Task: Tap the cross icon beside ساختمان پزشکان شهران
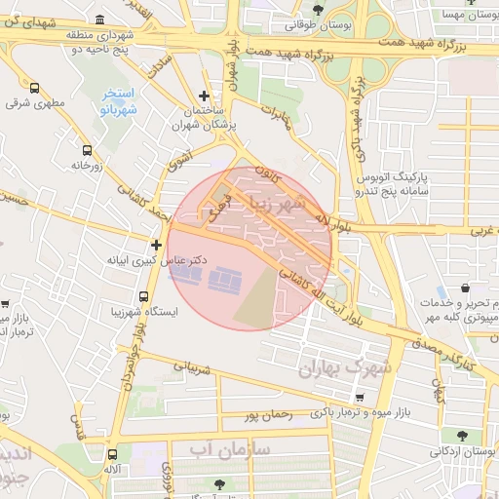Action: (x=203, y=96)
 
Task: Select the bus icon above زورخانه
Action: (x=88, y=151)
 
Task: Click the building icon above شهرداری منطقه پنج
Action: (x=102, y=19)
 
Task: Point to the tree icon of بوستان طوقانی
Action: (x=318, y=11)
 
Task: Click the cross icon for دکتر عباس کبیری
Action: (x=156, y=244)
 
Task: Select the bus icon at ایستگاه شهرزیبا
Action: (x=143, y=296)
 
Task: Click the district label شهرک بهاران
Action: (x=346, y=367)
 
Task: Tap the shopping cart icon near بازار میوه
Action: (x=361, y=398)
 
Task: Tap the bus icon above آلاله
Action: (x=113, y=453)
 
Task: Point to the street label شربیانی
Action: (x=192, y=369)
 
